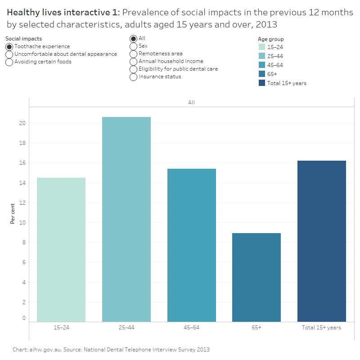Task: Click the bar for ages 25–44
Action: pos(126,219)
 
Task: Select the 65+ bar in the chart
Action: pos(256,277)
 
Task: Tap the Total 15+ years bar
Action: pos(321,241)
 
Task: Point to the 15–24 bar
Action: pos(61,250)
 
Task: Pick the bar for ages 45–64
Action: pos(191,245)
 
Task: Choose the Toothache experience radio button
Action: pos(9,47)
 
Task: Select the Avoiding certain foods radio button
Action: pos(9,62)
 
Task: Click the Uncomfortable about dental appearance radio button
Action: pos(9,54)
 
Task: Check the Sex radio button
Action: pos(133,46)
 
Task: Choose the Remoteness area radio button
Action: pos(133,54)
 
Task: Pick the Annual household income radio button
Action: pos(133,62)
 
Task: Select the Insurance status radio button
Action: pos(133,77)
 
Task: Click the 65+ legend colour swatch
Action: pos(262,74)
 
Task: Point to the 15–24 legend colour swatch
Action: pos(262,47)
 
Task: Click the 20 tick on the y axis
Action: pos(22,123)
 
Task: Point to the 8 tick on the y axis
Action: pos(23,243)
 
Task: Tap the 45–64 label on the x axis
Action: pos(191,328)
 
